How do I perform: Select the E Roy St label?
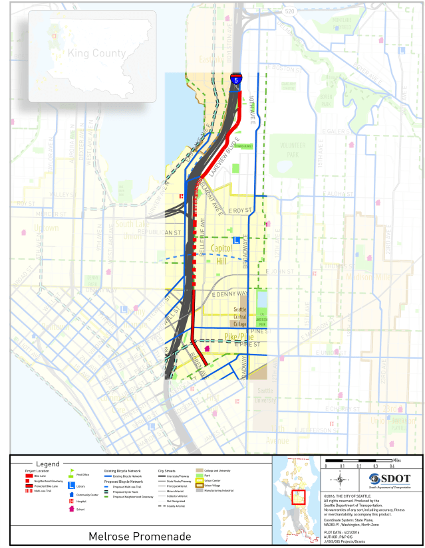pos(239,211)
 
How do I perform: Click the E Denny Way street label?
pos(229,294)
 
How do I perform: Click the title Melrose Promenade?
pos(140,536)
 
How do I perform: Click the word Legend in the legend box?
pos(47,464)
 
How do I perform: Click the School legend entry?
pos(80,509)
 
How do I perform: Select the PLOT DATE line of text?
pos(342,522)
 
